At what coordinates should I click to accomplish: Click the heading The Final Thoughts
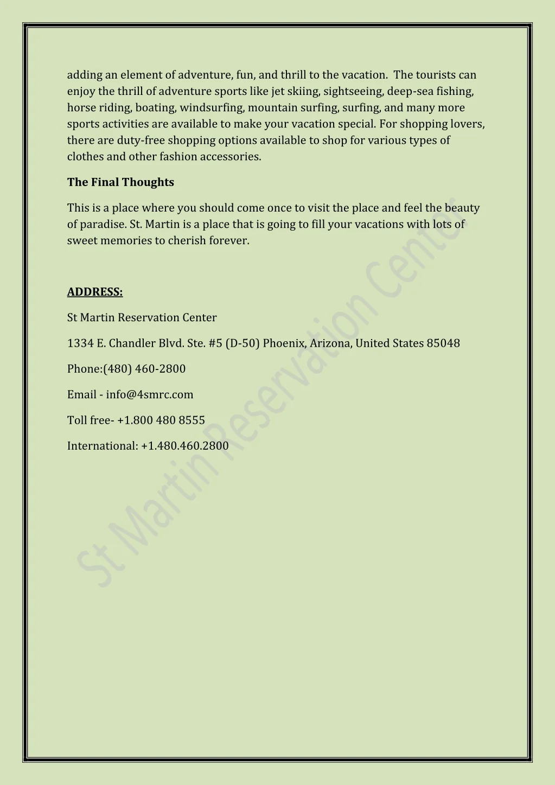click(120, 182)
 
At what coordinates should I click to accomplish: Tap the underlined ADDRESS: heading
click(95, 292)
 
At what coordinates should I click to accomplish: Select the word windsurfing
click(212, 108)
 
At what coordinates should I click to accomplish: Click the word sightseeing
click(353, 92)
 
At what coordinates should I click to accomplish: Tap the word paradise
click(103, 225)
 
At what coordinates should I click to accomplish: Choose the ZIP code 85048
click(443, 343)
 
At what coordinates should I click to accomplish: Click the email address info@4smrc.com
click(150, 395)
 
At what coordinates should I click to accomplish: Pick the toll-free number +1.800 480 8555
click(161, 420)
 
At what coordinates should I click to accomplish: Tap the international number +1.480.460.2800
click(185, 446)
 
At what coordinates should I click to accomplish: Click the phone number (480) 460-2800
click(144, 369)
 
